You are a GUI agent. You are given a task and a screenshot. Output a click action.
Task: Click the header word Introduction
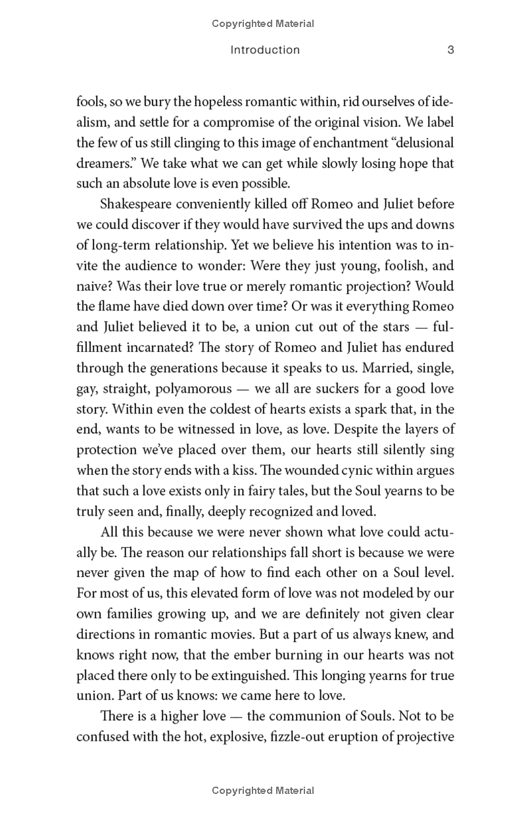pyautogui.click(x=265, y=50)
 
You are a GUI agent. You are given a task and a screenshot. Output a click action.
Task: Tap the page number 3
pyautogui.click(x=450, y=50)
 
